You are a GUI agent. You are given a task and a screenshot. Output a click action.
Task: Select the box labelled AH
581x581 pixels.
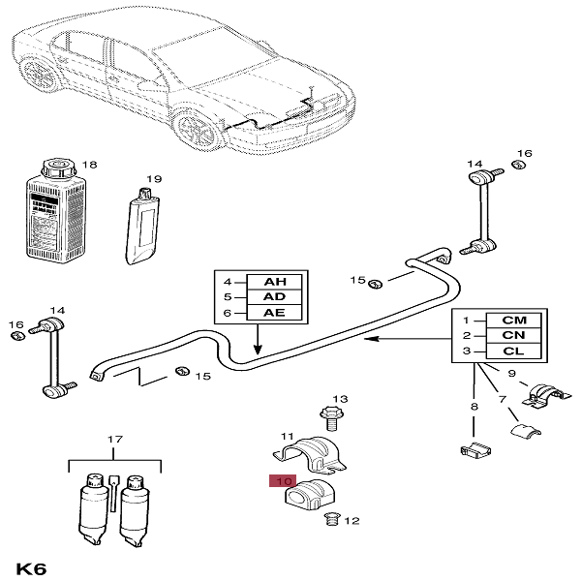[274, 282]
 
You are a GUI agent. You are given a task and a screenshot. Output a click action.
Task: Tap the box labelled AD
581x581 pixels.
[274, 297]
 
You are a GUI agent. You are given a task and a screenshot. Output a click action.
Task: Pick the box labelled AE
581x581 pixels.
[274, 313]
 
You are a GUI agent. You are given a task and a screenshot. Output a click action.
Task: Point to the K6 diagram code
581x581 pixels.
[32, 566]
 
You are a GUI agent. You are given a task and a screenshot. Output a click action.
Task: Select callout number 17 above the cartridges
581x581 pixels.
[114, 441]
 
